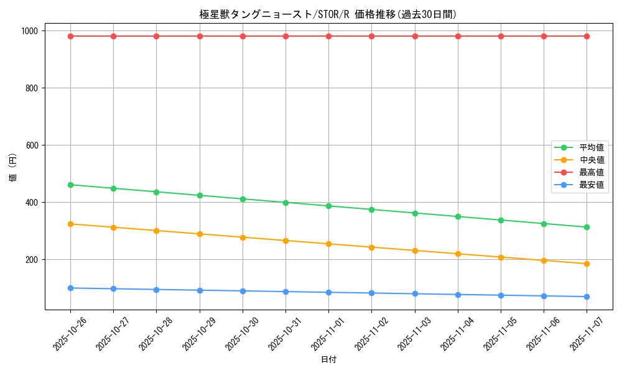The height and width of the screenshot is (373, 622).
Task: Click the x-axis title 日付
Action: pyautogui.click(x=328, y=360)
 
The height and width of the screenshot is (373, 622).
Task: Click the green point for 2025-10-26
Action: pyautogui.click(x=70, y=185)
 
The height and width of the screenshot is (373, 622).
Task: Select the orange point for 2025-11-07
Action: pyautogui.click(x=587, y=264)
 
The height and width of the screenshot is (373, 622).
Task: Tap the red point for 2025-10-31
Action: pyautogui.click(x=285, y=36)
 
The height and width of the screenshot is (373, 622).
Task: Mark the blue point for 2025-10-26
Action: pyautogui.click(x=70, y=288)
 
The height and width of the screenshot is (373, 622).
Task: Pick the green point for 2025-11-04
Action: pyautogui.click(x=458, y=216)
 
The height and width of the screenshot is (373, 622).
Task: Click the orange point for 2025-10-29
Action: pyautogui.click(x=200, y=234)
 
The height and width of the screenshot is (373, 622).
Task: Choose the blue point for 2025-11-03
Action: pyautogui.click(x=415, y=293)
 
